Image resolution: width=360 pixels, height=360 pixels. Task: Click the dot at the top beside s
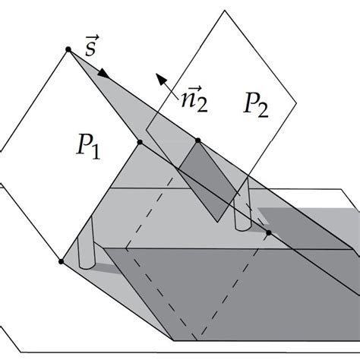(68, 49)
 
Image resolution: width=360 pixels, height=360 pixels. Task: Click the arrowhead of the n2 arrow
(156, 76)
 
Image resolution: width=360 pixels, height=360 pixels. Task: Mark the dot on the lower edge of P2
(198, 141)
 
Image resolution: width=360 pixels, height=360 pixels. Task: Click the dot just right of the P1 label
(141, 141)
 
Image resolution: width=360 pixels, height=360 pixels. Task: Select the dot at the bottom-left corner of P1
(60, 262)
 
